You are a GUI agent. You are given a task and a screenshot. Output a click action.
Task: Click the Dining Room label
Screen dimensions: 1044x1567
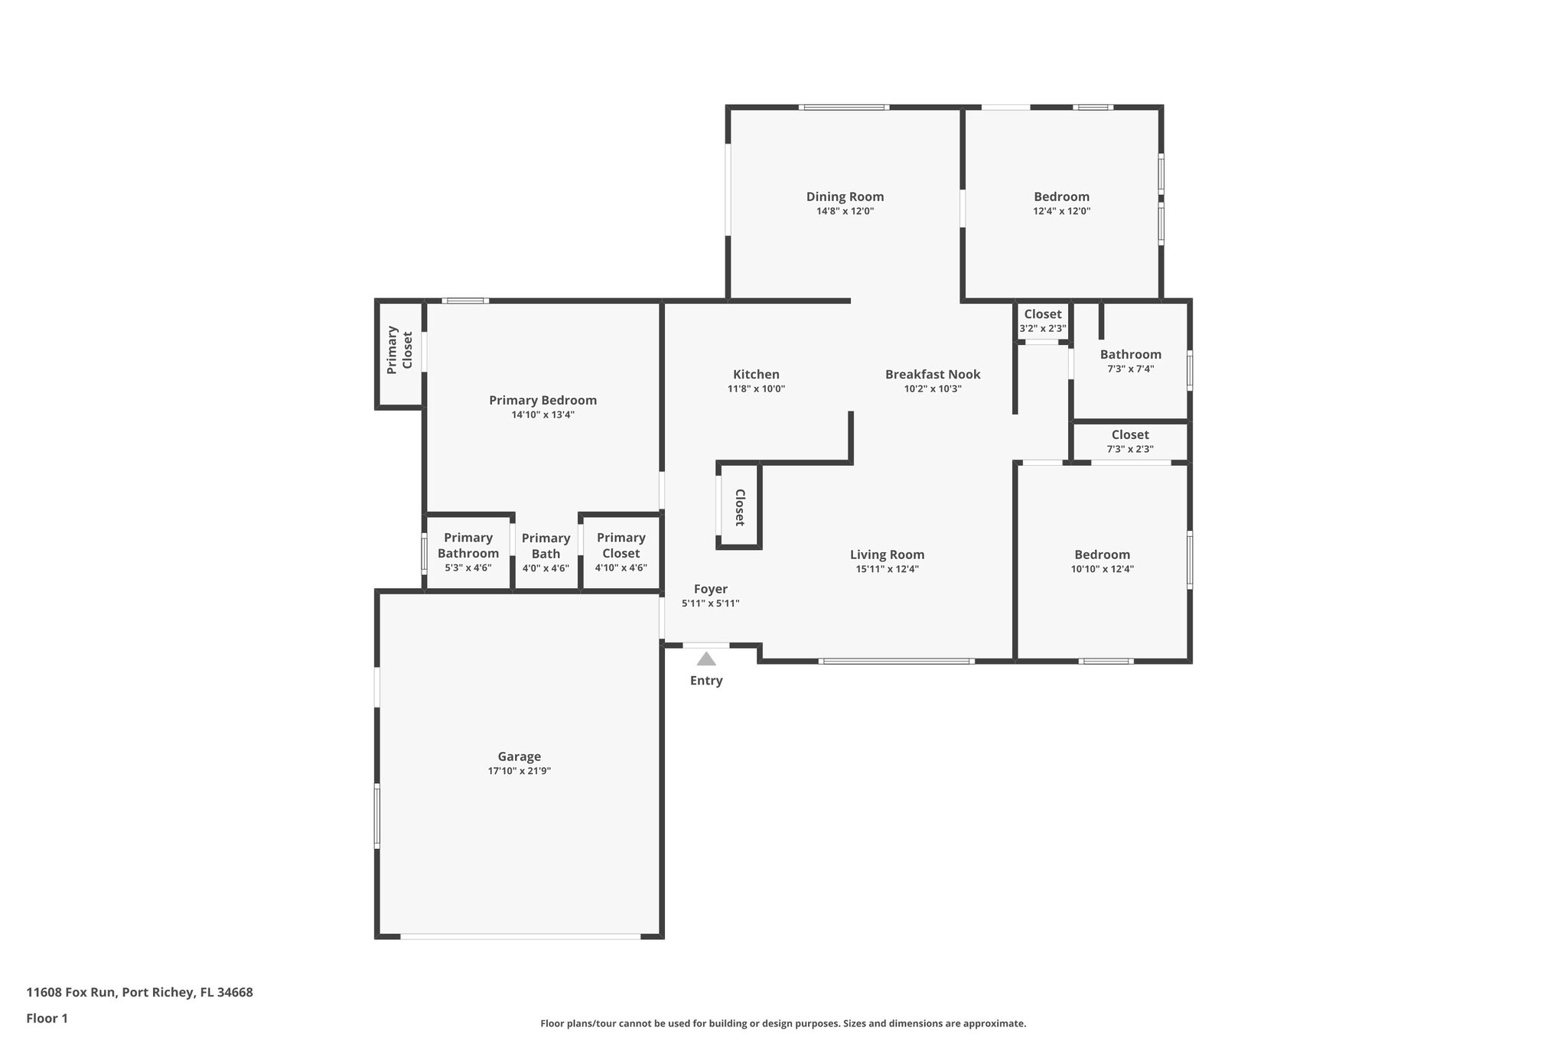coord(845,197)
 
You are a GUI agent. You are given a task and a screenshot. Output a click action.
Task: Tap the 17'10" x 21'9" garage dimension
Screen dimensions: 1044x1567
coord(520,771)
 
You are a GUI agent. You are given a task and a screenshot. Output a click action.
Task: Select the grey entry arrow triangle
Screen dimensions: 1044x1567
coord(706,659)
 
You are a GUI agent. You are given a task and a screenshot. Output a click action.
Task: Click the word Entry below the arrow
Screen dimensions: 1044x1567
coord(706,681)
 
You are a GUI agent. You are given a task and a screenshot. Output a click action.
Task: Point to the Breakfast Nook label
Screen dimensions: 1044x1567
coord(933,374)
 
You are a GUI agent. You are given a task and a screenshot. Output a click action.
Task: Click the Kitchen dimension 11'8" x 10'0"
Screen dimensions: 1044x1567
coord(756,389)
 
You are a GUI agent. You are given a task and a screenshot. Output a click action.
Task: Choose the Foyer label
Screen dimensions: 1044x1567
coord(710,589)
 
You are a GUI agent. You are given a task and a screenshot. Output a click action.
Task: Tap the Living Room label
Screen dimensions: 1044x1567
coord(887,555)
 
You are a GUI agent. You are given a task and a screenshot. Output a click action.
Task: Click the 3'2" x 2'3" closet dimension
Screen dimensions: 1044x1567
coord(1042,329)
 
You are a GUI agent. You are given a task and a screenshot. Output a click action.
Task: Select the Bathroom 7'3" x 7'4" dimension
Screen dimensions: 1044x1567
coord(1130,369)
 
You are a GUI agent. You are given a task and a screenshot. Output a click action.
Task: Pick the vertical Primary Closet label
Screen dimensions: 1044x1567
coord(399,350)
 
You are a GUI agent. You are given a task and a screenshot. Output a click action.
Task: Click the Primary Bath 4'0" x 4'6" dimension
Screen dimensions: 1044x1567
coord(546,568)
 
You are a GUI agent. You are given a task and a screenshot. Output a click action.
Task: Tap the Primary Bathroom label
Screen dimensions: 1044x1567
coord(468,545)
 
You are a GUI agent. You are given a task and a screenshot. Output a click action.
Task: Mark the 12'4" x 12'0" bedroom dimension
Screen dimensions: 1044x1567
coord(1061,211)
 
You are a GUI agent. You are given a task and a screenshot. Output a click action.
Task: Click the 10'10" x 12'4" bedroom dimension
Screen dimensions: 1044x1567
coord(1102,569)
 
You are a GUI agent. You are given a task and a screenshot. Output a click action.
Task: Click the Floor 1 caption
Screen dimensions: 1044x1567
coord(47,1019)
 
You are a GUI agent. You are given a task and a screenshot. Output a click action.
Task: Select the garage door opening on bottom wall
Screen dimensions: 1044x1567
coord(520,936)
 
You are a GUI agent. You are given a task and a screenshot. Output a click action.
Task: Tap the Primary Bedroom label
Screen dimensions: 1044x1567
coord(542,400)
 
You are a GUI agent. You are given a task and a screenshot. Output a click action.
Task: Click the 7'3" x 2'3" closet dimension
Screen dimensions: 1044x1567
coord(1130,450)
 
